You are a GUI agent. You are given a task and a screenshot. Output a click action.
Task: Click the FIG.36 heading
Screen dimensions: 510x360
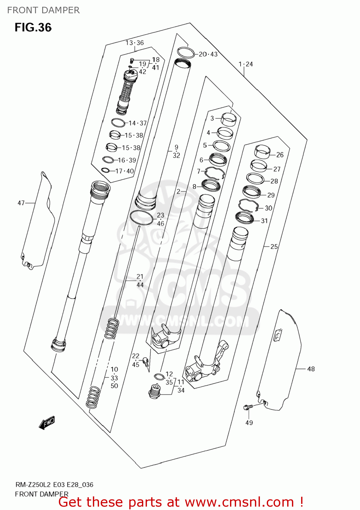coord(33,28)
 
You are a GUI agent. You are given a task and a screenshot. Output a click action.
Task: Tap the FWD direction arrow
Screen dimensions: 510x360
coord(47,423)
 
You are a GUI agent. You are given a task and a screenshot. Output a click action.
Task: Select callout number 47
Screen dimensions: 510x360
coord(21,203)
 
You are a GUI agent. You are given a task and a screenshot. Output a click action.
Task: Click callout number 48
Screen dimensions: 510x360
coord(311,369)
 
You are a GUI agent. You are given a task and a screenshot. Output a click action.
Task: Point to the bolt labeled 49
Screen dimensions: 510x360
coord(248,407)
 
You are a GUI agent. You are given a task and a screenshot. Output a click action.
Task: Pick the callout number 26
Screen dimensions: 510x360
coord(280,155)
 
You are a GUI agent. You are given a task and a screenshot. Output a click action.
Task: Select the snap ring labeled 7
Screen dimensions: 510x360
coord(214,173)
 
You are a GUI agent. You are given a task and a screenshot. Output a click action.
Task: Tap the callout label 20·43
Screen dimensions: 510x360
coord(208,54)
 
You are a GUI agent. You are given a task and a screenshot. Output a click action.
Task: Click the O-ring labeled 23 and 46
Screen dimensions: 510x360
coord(141,218)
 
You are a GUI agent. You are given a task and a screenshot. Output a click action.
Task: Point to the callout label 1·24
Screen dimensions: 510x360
coord(246,64)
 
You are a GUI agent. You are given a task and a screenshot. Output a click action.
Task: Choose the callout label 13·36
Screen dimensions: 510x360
coord(135,43)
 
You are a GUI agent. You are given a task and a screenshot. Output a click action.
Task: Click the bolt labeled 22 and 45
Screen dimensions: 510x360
coord(146,362)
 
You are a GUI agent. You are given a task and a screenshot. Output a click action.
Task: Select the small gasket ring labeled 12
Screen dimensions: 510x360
coord(159,376)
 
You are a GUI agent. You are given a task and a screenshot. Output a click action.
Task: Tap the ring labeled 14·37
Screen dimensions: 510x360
coord(118,122)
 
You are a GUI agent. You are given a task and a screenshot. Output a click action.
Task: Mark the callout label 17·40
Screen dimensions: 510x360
coord(125,171)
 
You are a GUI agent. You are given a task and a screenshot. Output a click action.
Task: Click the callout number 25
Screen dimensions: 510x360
coord(274,247)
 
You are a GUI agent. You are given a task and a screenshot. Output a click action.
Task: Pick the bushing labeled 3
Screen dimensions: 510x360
coord(229,119)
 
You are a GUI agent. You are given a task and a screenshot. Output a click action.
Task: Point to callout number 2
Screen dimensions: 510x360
coord(178,191)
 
